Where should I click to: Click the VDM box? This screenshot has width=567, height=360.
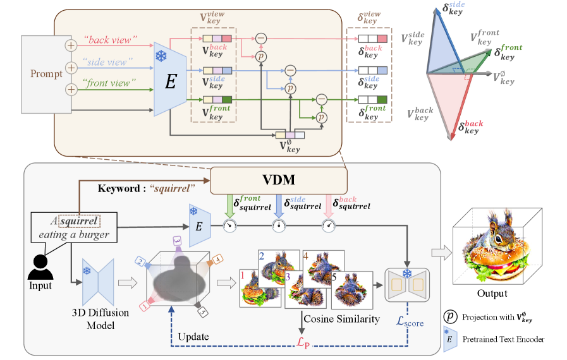pyautogui.click(x=279, y=180)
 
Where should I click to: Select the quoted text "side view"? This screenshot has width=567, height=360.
pyautogui.click(x=108, y=63)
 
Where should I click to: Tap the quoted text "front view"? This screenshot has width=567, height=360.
pyautogui.click(x=110, y=83)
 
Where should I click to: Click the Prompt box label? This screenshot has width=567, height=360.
pyautogui.click(x=47, y=74)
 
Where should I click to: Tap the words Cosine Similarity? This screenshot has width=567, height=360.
pyautogui.click(x=342, y=319)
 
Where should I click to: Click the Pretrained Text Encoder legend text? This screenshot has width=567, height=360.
pyautogui.click(x=504, y=339)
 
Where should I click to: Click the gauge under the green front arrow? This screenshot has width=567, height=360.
pyautogui.click(x=229, y=225)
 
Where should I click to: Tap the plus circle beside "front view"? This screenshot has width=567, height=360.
pyautogui.click(x=71, y=89)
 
